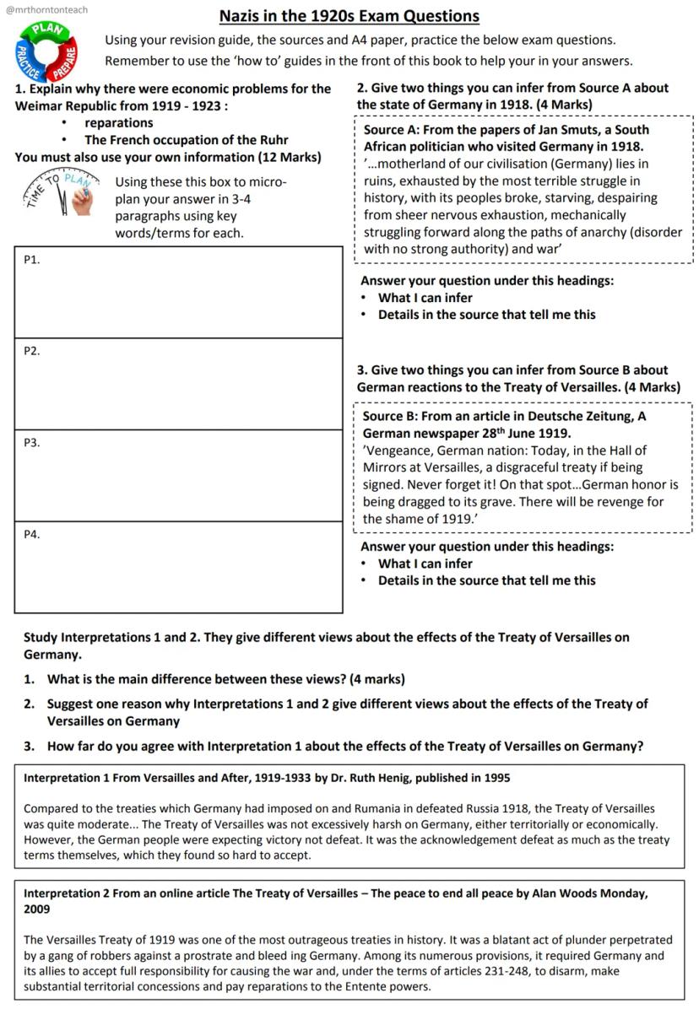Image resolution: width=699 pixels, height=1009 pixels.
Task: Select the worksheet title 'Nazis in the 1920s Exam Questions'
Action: [349, 16]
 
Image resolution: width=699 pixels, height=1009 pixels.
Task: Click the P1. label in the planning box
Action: [32, 260]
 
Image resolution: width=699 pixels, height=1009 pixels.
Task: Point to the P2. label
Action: [32, 351]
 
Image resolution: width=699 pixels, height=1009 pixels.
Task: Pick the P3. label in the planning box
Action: [32, 442]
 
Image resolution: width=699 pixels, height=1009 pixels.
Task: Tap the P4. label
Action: [32, 534]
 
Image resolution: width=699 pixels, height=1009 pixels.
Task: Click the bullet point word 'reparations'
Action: [119, 123]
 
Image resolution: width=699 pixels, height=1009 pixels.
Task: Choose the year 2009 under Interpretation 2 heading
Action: [37, 909]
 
